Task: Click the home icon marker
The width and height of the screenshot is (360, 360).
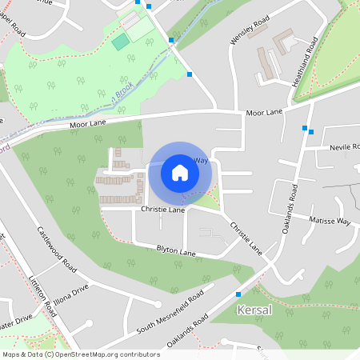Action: point(180,172)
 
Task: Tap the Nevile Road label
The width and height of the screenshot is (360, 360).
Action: point(346,149)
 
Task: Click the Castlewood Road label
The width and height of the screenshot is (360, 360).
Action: point(56,248)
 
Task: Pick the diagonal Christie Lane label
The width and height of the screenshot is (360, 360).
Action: point(246,238)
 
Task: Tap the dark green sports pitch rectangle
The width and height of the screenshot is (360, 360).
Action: point(120,42)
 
